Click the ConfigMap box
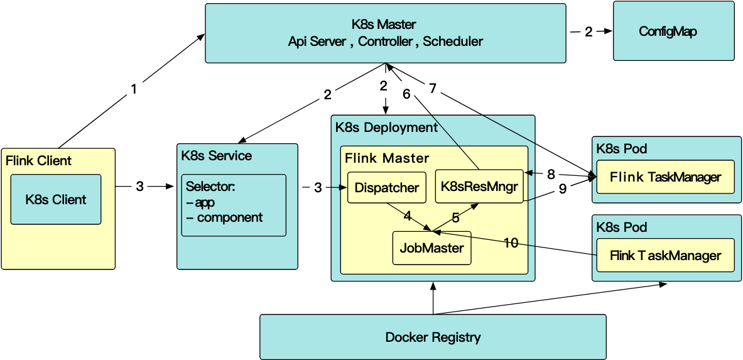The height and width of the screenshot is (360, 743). coord(673,31)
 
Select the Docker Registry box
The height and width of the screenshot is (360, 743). coord(433,337)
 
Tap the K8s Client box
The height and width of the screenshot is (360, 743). coord(56,199)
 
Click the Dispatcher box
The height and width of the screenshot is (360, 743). coord(386,187)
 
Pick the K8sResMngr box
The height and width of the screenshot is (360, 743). coord(479,186)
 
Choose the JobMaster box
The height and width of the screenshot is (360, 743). coord(431,248)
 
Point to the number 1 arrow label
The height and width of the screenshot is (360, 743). coord(133,90)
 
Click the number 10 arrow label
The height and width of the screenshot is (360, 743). coord(511,243)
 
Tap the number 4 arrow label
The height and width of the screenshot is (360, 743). coord(408,215)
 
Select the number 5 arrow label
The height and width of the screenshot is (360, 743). coord(455,218)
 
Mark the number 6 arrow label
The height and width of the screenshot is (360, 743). coord(406,94)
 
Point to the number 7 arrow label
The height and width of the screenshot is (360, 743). coord(433,88)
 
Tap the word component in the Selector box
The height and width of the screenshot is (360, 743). coord(229,217)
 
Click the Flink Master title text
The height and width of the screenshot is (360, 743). coord(387,158)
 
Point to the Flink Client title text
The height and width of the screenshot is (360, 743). coord(38,160)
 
